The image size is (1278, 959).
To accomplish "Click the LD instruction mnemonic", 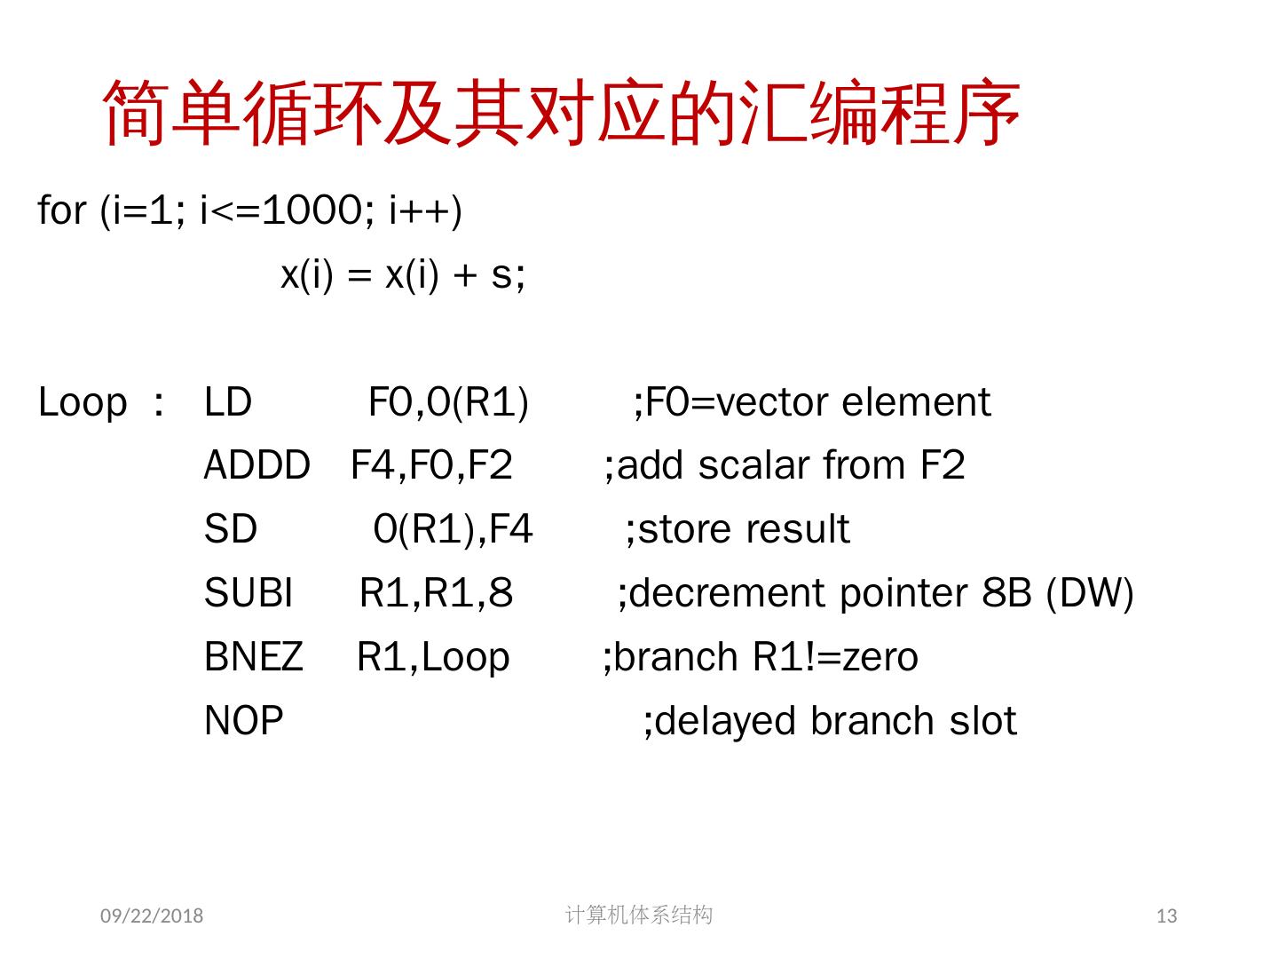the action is coord(228,402).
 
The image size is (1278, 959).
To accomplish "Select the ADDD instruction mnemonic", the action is coord(256,466).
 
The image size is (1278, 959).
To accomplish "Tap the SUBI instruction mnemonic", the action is coord(248,593).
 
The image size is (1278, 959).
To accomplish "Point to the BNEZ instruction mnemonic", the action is coord(253,657).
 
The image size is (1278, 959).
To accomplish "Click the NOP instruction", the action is coord(243,721).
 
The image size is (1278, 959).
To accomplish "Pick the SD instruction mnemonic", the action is coord(230,530).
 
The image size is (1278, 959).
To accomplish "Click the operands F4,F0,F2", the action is coord(431,466).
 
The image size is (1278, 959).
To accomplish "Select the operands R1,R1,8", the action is coord(436,593).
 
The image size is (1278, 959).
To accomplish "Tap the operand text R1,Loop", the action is coord(433,657).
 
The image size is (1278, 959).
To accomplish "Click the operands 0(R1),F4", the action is coord(453,530).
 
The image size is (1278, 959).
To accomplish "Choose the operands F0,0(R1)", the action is coord(448,402).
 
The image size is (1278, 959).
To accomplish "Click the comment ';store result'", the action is coord(737,530).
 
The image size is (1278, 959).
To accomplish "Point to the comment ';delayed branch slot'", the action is coord(829,721).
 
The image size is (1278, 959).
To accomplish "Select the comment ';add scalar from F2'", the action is coord(784,466).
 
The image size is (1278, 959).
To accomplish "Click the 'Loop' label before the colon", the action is coord(83,402).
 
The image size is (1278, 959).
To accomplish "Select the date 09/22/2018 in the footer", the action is coord(152,915).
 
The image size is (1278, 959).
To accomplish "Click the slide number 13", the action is coord(1166,915).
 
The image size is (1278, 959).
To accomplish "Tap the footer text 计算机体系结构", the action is coord(638,915).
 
